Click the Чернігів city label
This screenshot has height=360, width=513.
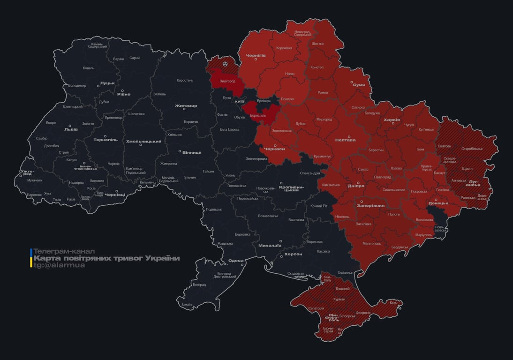(256, 55)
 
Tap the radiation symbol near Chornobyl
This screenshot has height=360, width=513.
(225, 63)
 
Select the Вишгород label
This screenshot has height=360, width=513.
(228, 81)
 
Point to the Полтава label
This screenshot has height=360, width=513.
(345, 140)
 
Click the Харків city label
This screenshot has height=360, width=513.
(392, 120)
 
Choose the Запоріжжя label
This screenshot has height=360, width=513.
(371, 205)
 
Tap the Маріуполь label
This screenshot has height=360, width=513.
(424, 234)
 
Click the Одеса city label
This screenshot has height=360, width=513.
(235, 261)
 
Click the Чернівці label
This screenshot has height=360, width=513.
(115, 194)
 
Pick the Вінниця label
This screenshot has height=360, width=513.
(192, 152)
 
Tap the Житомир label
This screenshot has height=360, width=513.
(186, 105)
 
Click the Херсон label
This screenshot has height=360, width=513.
(293, 254)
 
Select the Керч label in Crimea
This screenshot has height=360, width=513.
(393, 303)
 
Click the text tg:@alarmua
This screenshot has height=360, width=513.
(60, 265)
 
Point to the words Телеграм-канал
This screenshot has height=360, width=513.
(64, 251)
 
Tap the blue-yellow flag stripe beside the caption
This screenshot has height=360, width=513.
(31, 258)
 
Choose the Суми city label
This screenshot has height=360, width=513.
(359, 85)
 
